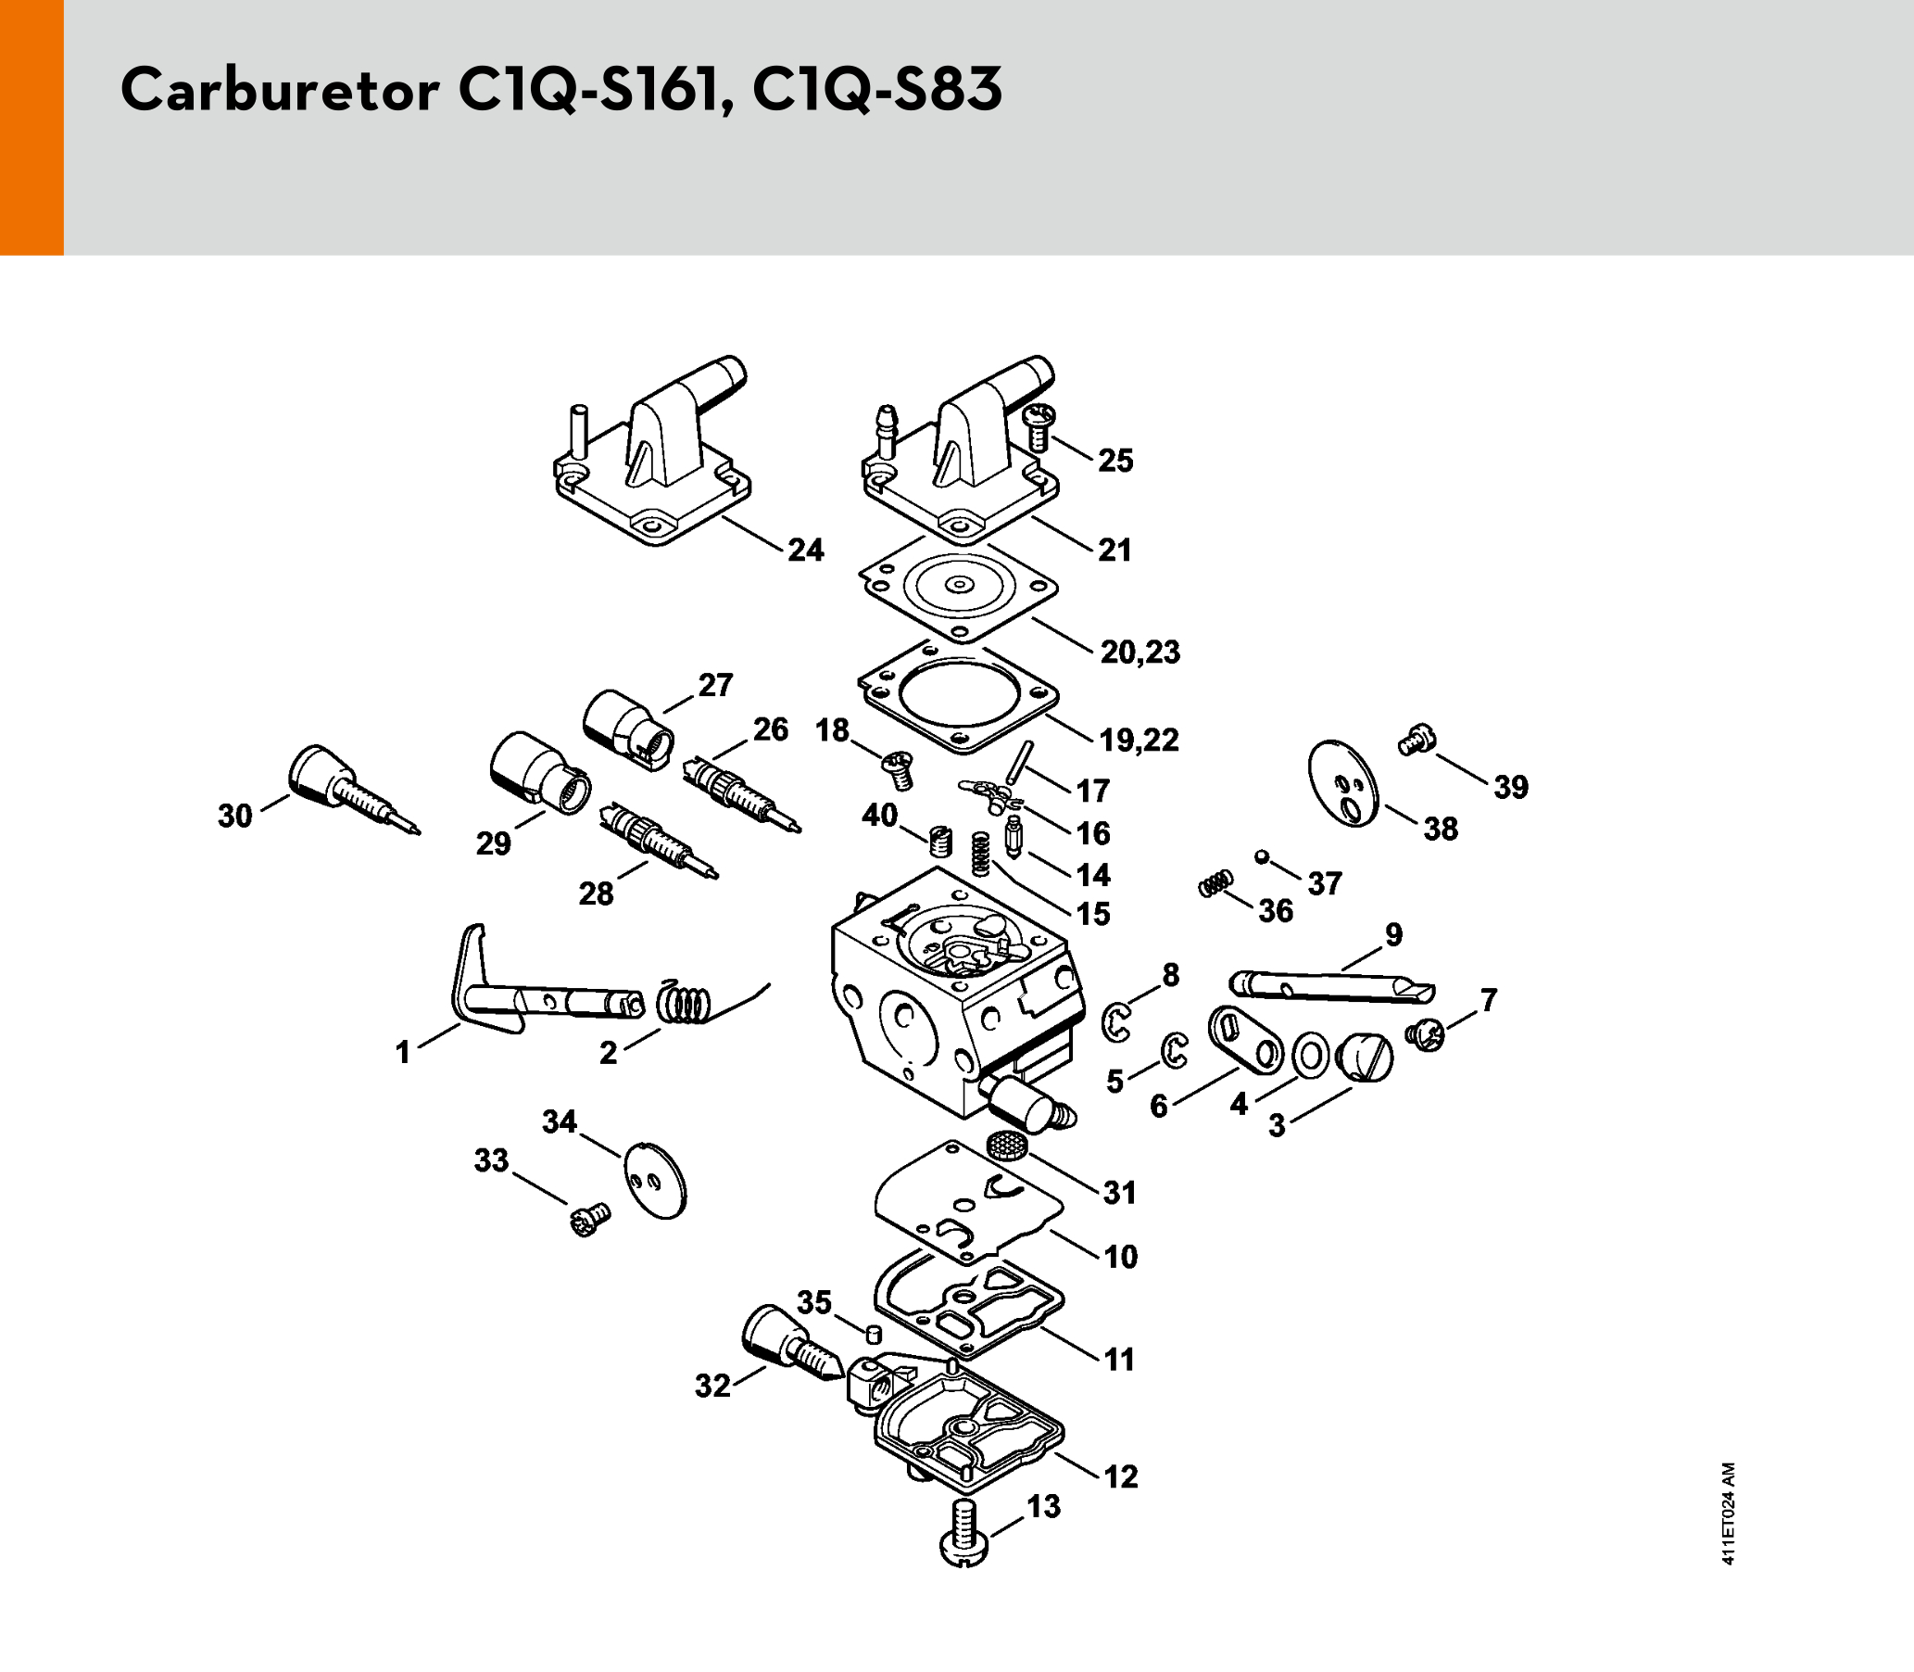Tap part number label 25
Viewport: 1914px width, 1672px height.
tap(1114, 460)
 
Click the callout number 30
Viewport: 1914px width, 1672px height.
tap(235, 816)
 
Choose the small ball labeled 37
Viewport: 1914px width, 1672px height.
tap(1262, 856)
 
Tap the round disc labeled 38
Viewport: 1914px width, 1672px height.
tap(1343, 784)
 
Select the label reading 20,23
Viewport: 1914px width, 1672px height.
tap(1140, 652)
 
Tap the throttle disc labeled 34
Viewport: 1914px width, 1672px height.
tap(655, 1180)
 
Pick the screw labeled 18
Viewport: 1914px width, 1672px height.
tap(898, 770)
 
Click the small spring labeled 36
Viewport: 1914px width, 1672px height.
tap(1216, 882)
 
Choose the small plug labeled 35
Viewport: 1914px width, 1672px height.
tap(874, 1334)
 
